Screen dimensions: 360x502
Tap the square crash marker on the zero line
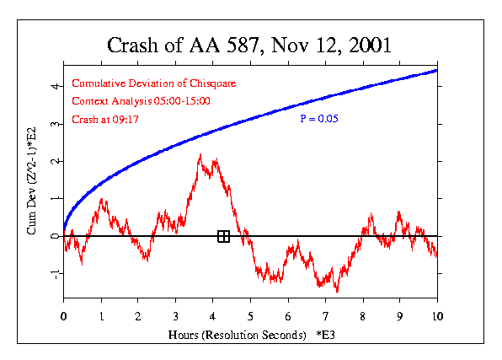(223, 236)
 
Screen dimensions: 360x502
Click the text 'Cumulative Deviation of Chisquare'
(153, 83)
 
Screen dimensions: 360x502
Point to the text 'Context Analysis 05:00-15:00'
(141, 101)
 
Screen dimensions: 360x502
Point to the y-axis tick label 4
(53, 86)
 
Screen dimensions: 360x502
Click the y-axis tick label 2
(53, 161)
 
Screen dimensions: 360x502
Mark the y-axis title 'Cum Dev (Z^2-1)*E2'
(32, 180)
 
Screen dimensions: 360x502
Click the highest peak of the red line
(200, 154)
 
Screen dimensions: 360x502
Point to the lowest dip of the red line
(337, 292)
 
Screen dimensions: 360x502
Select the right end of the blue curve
(436, 70)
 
